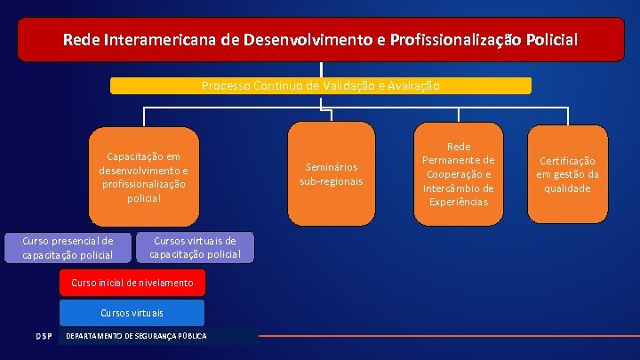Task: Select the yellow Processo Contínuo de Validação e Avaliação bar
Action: click(320, 86)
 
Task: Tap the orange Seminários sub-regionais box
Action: click(332, 174)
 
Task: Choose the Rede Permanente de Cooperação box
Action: click(458, 174)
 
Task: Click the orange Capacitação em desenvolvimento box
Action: click(143, 177)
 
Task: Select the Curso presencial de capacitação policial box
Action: click(68, 248)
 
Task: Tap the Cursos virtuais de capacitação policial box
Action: click(195, 248)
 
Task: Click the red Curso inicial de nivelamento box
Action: click(132, 283)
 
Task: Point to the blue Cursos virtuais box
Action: click(132, 313)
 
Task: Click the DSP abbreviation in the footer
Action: click(44, 336)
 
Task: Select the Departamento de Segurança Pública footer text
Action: click(137, 336)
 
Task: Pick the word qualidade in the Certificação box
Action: click(567, 188)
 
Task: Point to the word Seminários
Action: click(332, 167)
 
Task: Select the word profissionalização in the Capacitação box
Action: click(143, 184)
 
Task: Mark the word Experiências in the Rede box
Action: click(458, 203)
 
